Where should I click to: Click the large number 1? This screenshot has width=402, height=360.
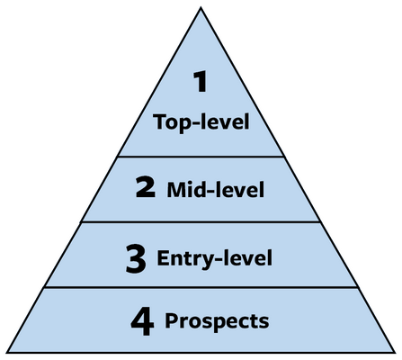coord(201,81)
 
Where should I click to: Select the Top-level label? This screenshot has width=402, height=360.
coord(201,122)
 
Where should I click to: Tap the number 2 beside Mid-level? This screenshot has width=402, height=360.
coord(146,187)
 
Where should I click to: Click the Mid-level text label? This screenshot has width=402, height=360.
coord(216,189)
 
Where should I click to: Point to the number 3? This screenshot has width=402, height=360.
coord(136,258)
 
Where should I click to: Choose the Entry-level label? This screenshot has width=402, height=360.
coord(215,257)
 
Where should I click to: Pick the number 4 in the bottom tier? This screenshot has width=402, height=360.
coord(142,322)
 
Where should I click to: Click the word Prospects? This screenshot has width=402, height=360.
coord(217,321)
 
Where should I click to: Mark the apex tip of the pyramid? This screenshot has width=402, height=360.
coord(201,8)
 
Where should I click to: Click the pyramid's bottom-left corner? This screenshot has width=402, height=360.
coord(7,352)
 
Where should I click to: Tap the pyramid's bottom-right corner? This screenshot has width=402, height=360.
coord(394,352)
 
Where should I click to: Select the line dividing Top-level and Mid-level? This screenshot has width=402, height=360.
coord(201,157)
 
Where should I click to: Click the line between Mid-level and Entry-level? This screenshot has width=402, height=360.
coord(201,222)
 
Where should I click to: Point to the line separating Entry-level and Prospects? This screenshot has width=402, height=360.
coord(201,287)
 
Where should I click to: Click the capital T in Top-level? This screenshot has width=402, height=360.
coord(160,121)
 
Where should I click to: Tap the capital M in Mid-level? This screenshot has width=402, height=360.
coord(176,189)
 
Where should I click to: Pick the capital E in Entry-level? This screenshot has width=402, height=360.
coord(163,257)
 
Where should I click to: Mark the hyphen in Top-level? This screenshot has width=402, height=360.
coord(195,122)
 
